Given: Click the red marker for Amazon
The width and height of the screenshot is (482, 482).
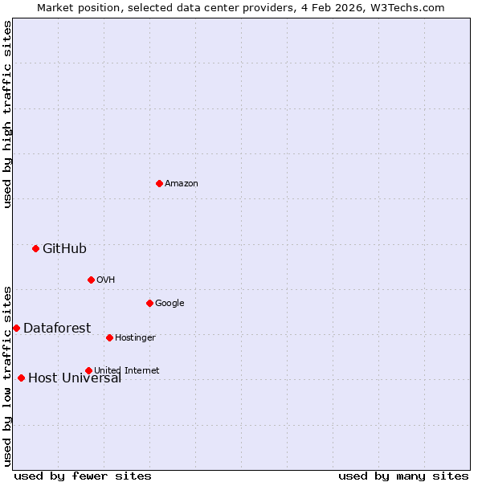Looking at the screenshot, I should [x=159, y=184].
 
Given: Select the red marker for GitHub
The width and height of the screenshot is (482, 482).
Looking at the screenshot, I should [x=35, y=249].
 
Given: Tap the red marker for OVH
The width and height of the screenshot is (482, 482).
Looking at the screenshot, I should [x=91, y=280].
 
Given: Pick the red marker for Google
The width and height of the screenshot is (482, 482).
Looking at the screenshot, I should [x=149, y=304].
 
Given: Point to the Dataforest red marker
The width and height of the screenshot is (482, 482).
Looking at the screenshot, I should [x=16, y=329].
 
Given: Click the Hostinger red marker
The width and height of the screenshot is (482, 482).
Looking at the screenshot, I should [x=109, y=338].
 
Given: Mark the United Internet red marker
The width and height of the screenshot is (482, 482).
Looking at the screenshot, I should [x=88, y=371].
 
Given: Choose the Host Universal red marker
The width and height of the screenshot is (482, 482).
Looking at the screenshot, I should [x=21, y=378].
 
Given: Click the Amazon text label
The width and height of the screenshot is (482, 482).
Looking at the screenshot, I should [x=182, y=184].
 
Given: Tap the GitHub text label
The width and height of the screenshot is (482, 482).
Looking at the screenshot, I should [x=64, y=249].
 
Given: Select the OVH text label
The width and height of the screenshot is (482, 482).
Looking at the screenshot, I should [x=106, y=280].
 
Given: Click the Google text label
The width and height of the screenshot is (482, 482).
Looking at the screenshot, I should [x=170, y=304].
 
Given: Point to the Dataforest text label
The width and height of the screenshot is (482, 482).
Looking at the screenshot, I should [x=57, y=329].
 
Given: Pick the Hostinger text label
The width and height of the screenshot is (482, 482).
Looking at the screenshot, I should [x=135, y=338].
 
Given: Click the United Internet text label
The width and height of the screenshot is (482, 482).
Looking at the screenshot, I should [x=126, y=371].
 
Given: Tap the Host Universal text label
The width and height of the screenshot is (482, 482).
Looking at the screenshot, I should [x=75, y=379].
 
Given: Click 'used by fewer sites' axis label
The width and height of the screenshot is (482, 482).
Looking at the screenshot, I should [x=83, y=476].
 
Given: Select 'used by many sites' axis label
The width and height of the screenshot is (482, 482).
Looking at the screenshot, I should [x=403, y=476].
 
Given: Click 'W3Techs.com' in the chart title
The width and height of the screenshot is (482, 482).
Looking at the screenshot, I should [x=410, y=7].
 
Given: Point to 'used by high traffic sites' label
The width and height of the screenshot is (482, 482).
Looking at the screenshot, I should [x=7, y=114].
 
